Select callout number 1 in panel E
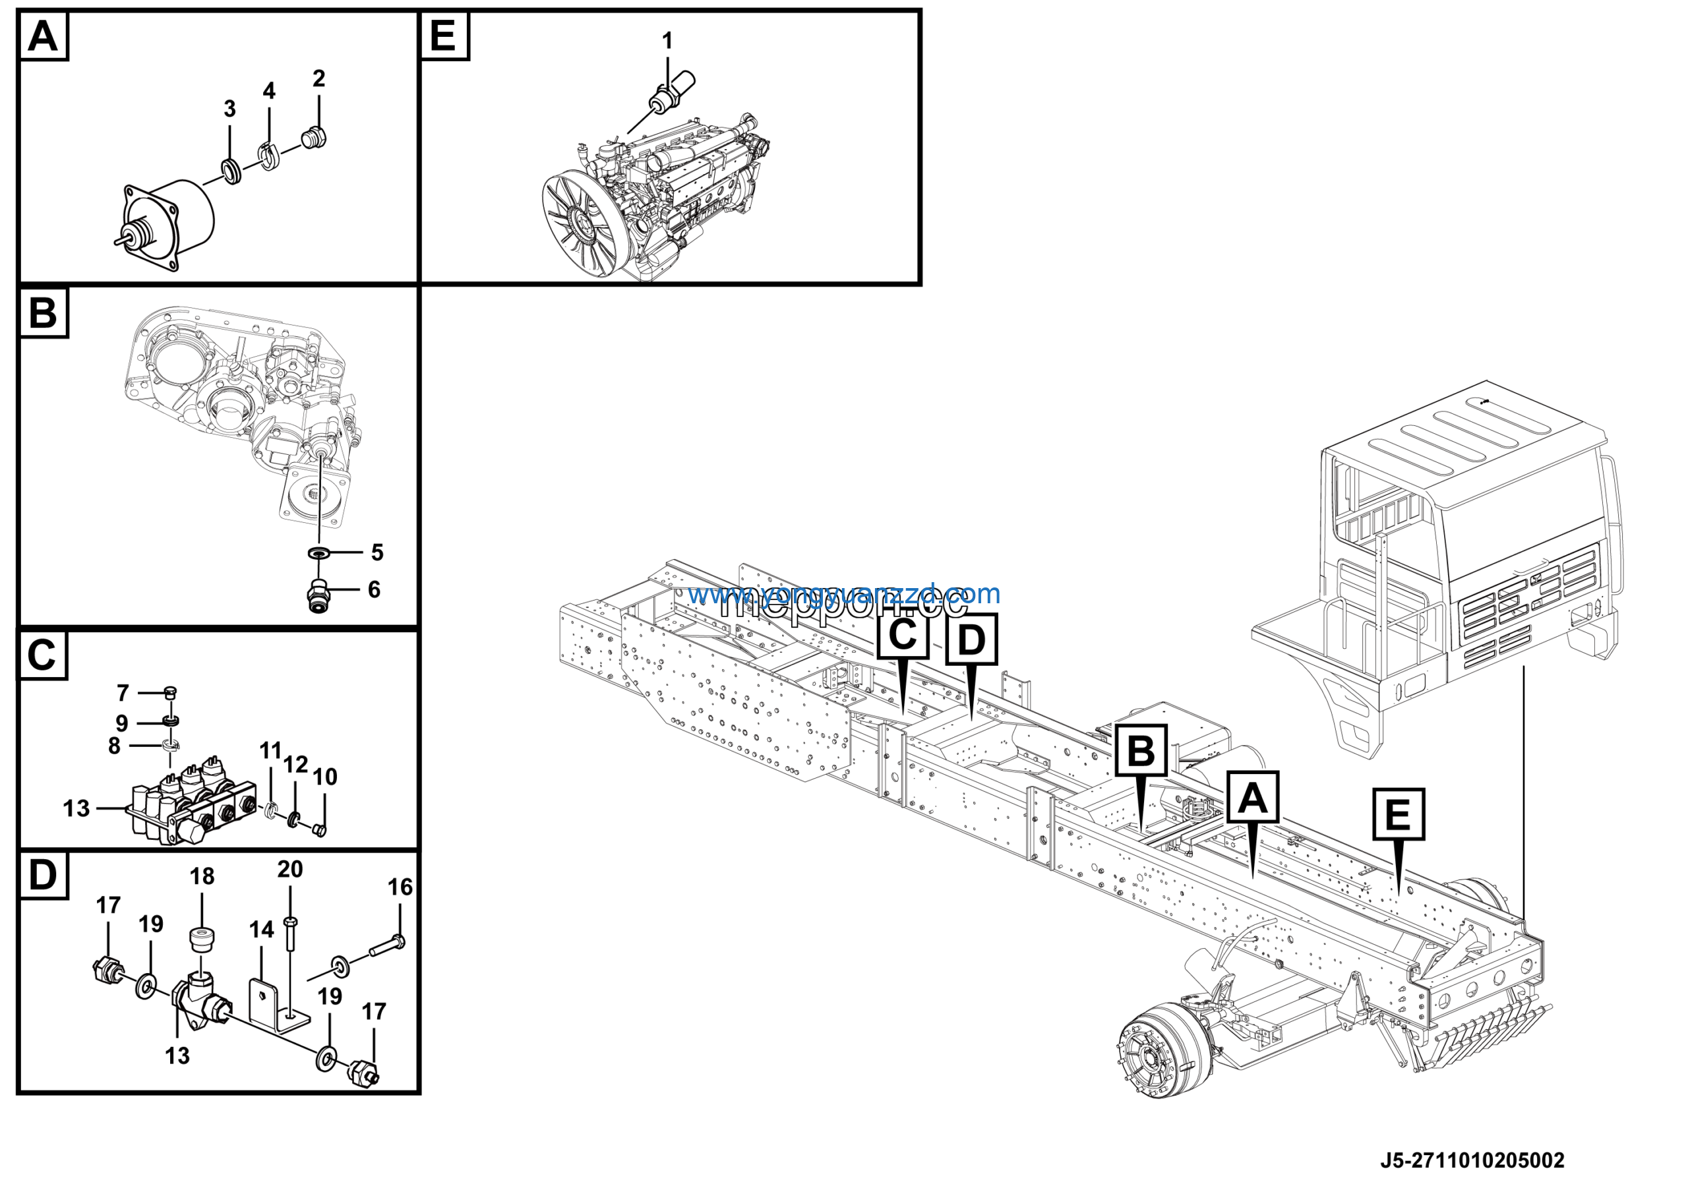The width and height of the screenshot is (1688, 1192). point(667,41)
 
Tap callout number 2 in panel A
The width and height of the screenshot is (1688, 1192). point(318,78)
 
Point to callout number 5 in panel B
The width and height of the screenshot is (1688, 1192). point(377,552)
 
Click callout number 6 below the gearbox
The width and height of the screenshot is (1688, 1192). point(375,589)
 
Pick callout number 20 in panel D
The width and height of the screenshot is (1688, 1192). point(289,870)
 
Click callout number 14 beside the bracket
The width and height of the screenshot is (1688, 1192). point(261,930)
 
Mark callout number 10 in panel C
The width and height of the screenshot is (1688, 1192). point(324,777)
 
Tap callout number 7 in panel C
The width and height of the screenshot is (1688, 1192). point(123,693)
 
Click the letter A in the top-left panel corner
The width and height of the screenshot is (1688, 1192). point(43,36)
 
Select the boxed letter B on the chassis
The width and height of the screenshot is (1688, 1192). point(1140,752)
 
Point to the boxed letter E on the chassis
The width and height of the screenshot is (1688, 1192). point(1398,815)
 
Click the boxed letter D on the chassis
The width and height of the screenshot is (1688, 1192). point(971,640)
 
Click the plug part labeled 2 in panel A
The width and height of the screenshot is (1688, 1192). point(315,138)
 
